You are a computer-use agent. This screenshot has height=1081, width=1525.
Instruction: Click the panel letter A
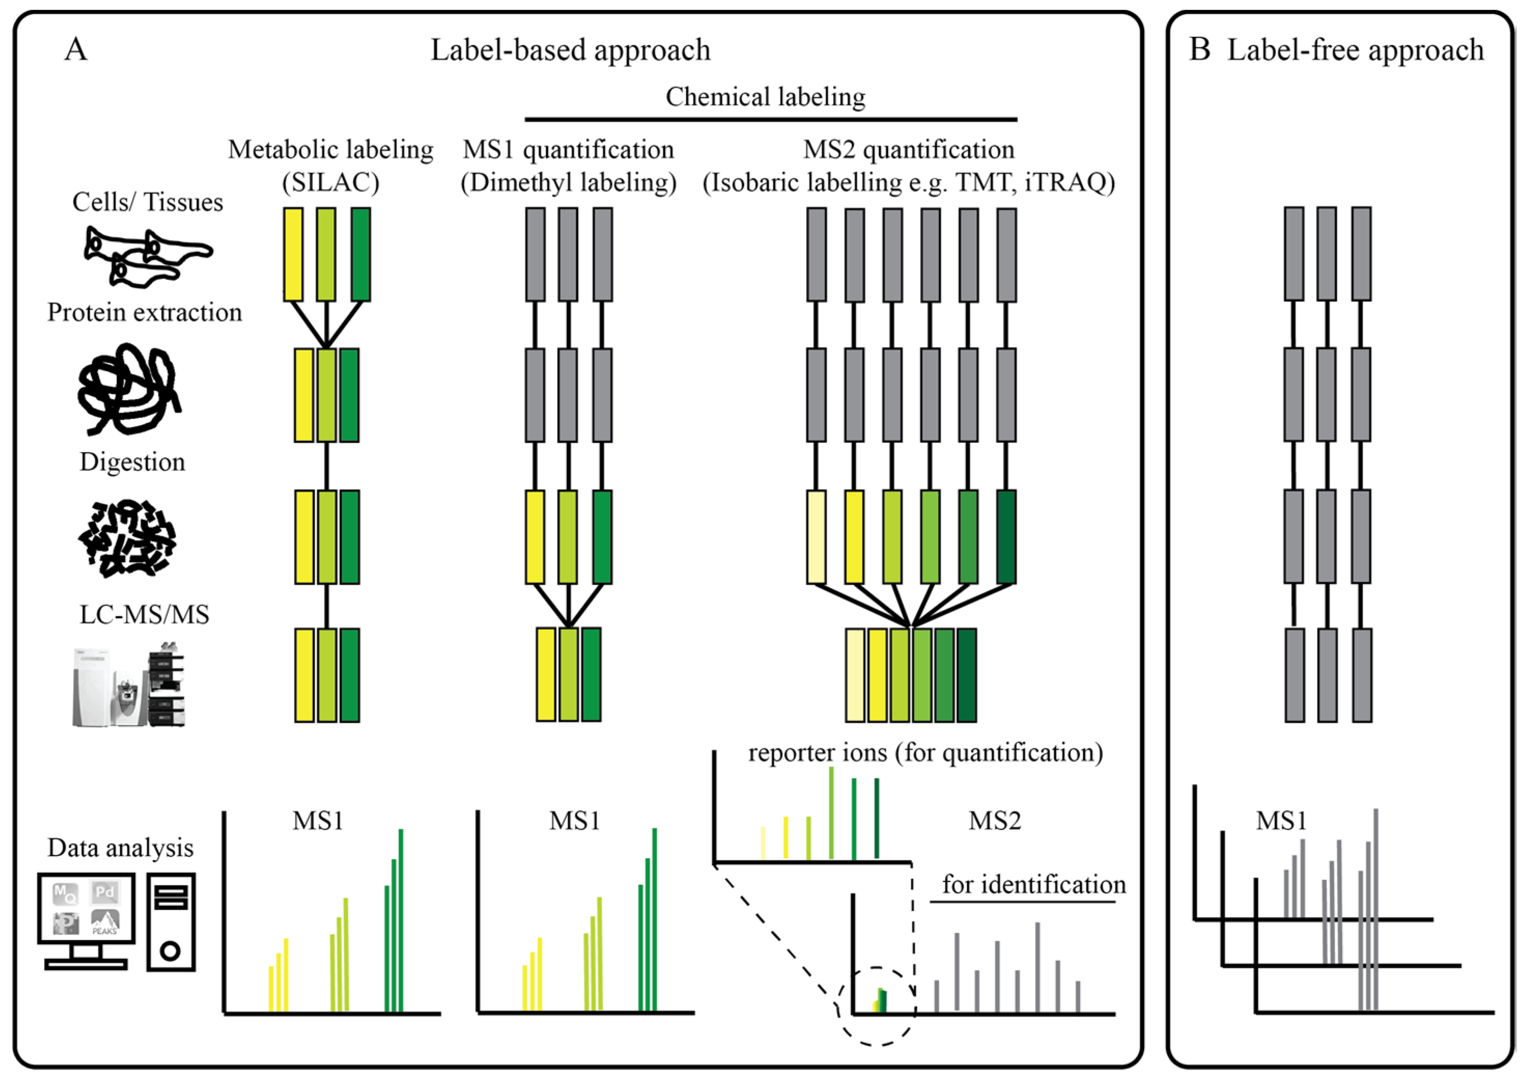pos(76,49)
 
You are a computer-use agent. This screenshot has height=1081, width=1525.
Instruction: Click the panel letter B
pos(1199,49)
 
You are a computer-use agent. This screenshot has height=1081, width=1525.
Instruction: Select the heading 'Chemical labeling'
pos(765,97)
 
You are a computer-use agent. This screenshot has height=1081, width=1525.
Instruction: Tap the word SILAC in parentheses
pos(331,181)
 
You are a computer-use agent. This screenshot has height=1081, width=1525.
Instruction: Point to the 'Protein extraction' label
pos(145,312)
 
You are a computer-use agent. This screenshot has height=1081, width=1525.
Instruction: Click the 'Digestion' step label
pos(132,462)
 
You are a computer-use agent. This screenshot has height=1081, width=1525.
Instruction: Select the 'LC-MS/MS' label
pos(145,614)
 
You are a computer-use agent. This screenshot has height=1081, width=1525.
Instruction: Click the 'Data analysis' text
pos(120,848)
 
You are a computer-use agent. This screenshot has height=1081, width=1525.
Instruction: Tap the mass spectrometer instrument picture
pos(129,685)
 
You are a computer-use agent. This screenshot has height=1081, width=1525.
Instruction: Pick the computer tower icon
pos(171,921)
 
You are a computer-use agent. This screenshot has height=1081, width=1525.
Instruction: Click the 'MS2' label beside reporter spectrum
pos(995,821)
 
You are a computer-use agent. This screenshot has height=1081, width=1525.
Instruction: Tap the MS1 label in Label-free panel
pos(1281,821)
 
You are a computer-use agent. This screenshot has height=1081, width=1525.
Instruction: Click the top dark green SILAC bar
pos(361,254)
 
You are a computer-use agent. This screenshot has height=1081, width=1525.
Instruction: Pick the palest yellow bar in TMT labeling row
pos(816,537)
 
